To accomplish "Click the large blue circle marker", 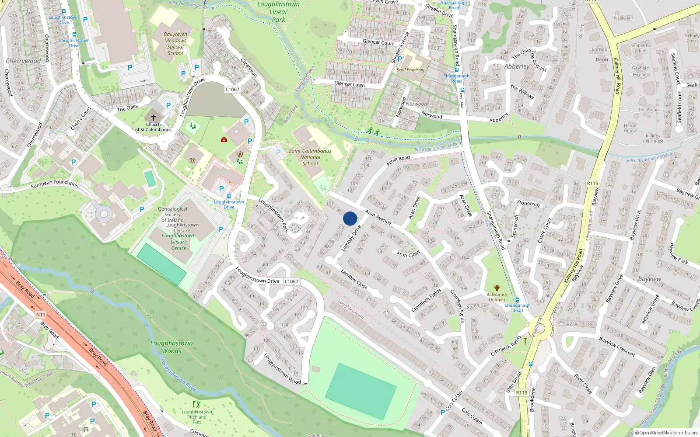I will coord(350,218).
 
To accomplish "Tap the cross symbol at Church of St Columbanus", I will coord(154,118).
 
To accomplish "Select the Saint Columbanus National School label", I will coord(310,157).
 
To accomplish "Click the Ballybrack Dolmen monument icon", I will coord(497,288).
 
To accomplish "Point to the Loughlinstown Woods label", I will coord(171,347).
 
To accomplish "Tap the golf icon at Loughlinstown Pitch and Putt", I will coord(196,405).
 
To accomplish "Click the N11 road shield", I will coord(41,315).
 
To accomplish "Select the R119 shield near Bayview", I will coord(592,184).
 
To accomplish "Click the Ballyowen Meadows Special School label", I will coord(175,44).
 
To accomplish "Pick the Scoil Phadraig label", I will coord(410,70).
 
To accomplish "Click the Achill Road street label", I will coord(398,160).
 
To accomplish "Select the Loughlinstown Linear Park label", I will coord(279,12).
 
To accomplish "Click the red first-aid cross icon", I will coord(224,140).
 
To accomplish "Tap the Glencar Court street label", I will coord(378,42).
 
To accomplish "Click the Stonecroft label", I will coord(528,203).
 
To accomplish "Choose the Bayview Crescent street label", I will coord(617,346).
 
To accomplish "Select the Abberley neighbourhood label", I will coord(517,66).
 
